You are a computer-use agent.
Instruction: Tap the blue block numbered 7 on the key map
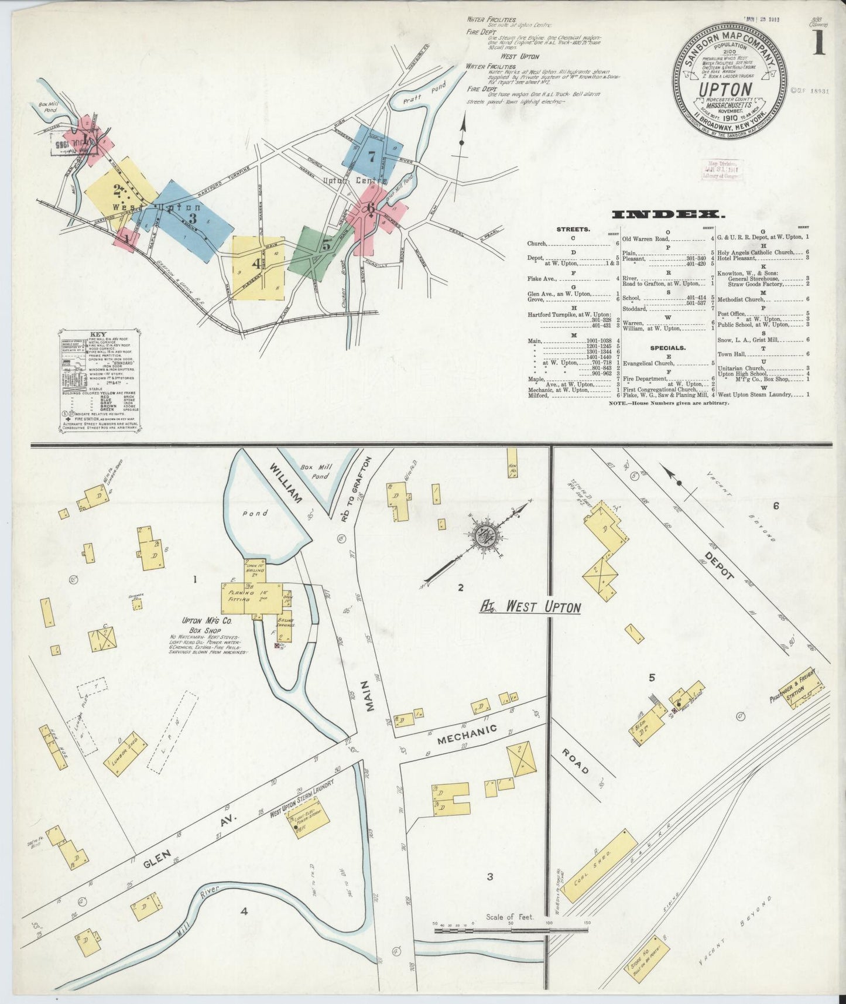pyautogui.click(x=372, y=156)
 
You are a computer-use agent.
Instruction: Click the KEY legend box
pyautogui.click(x=100, y=381)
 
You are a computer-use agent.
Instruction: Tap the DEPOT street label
pyautogui.click(x=720, y=565)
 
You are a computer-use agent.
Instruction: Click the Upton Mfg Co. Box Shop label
pyautogui.click(x=200, y=622)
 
